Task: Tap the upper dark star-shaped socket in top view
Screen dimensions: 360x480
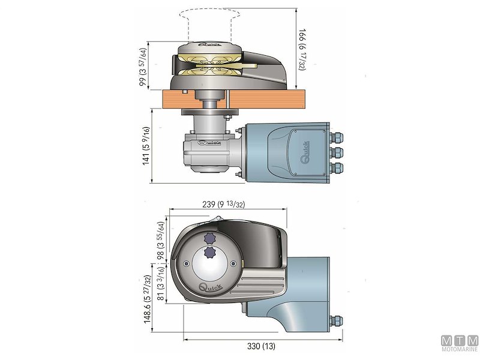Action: click(x=211, y=236)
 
